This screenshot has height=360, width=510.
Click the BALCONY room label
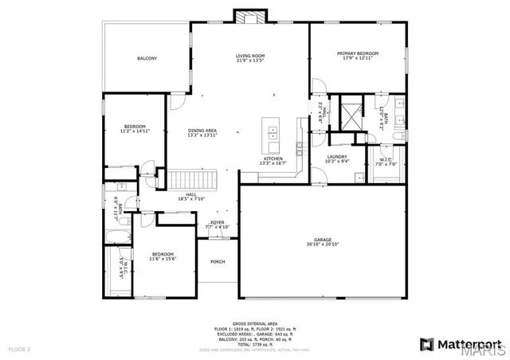pyautogui.click(x=147, y=59)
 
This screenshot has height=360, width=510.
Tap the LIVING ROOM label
pyautogui.click(x=249, y=56)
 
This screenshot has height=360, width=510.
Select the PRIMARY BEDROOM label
pyautogui.click(x=357, y=53)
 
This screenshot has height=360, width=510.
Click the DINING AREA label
pyautogui.click(x=202, y=130)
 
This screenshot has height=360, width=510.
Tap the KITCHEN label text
pyautogui.click(x=273, y=158)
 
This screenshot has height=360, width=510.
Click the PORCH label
pyautogui.click(x=217, y=261)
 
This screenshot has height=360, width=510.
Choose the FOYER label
pyautogui.click(x=217, y=222)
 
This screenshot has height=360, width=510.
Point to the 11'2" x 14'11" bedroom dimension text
pyautogui.click(x=135, y=131)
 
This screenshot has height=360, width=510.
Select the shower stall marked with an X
pyautogui.click(x=348, y=114)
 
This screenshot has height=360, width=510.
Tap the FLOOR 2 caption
pyautogui.click(x=19, y=349)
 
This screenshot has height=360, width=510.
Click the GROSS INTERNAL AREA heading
pyautogui.click(x=254, y=301)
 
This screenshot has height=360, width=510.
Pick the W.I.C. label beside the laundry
pyautogui.click(x=386, y=159)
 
